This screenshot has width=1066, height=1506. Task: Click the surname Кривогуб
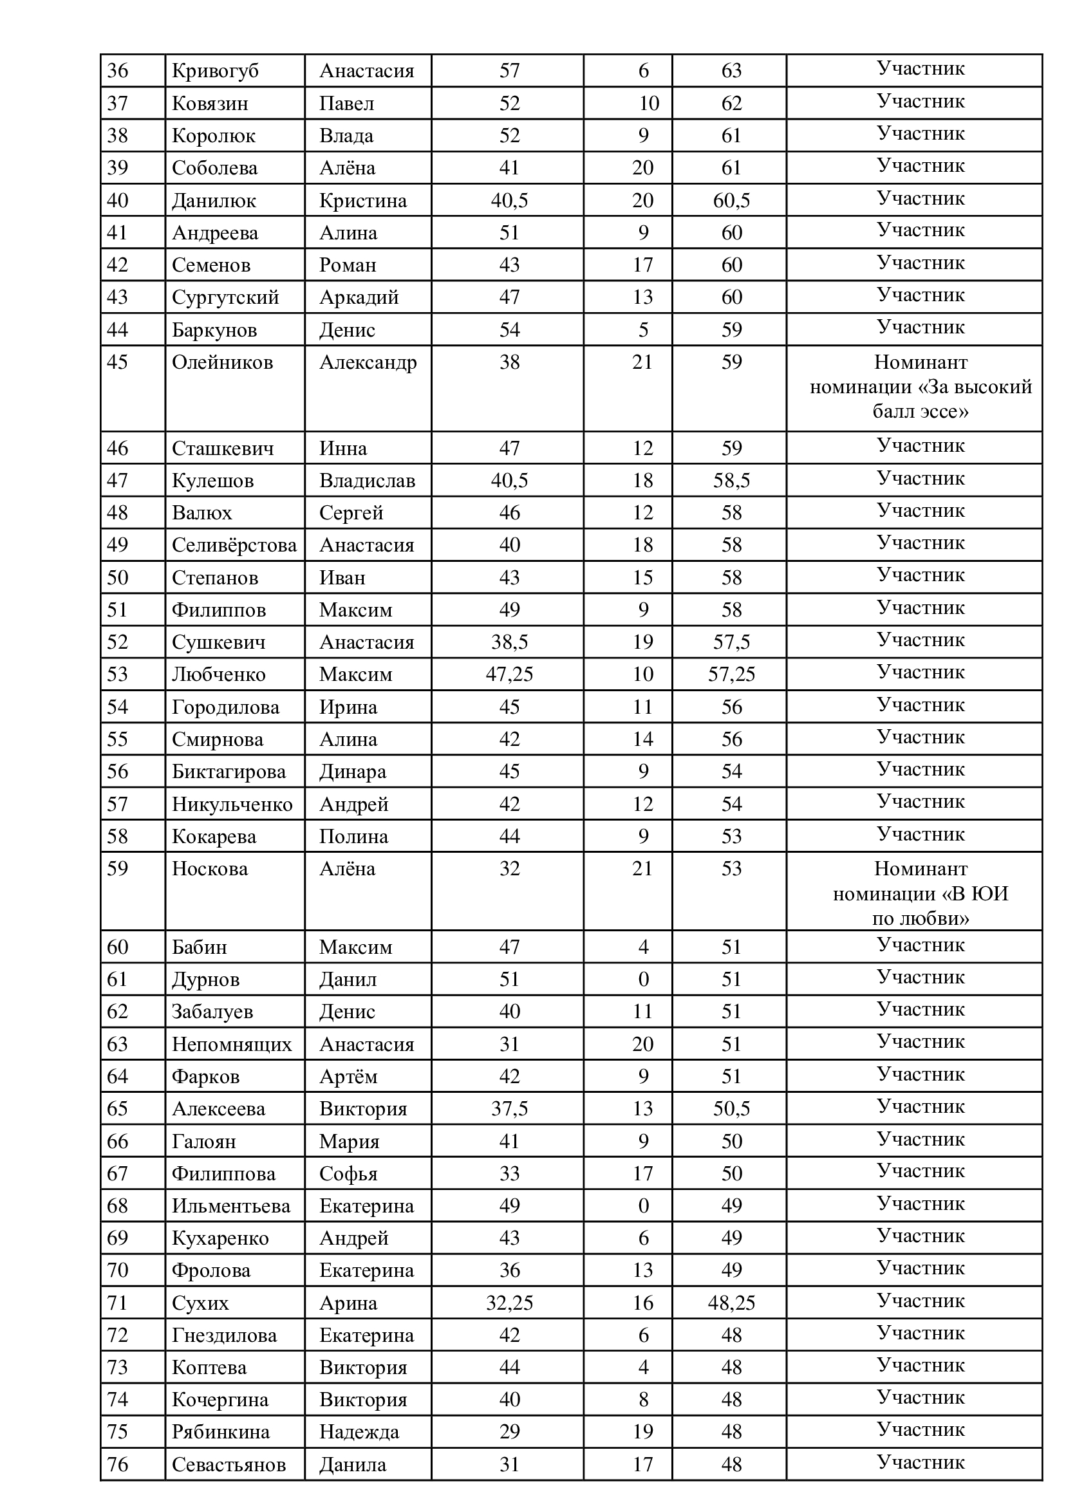(215, 71)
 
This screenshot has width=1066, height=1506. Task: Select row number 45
(118, 362)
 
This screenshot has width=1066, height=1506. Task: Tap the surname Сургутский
(225, 297)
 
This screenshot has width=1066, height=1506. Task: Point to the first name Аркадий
(359, 297)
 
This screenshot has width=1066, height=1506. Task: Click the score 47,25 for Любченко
(509, 674)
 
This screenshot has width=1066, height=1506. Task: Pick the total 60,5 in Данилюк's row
(731, 200)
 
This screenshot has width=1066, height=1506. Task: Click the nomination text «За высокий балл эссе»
(921, 387)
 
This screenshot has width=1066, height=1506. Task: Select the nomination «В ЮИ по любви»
(921, 894)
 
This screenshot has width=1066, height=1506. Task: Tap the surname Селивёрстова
(234, 544)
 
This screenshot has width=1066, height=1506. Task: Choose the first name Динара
(353, 771)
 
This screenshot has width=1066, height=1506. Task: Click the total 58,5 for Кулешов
(731, 480)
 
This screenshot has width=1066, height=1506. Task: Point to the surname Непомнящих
(232, 1044)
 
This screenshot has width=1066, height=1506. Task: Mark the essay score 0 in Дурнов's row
(643, 979)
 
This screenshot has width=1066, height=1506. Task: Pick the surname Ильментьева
(231, 1205)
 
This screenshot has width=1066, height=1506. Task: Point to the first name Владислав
(367, 480)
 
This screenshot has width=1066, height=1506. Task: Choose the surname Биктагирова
(229, 771)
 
